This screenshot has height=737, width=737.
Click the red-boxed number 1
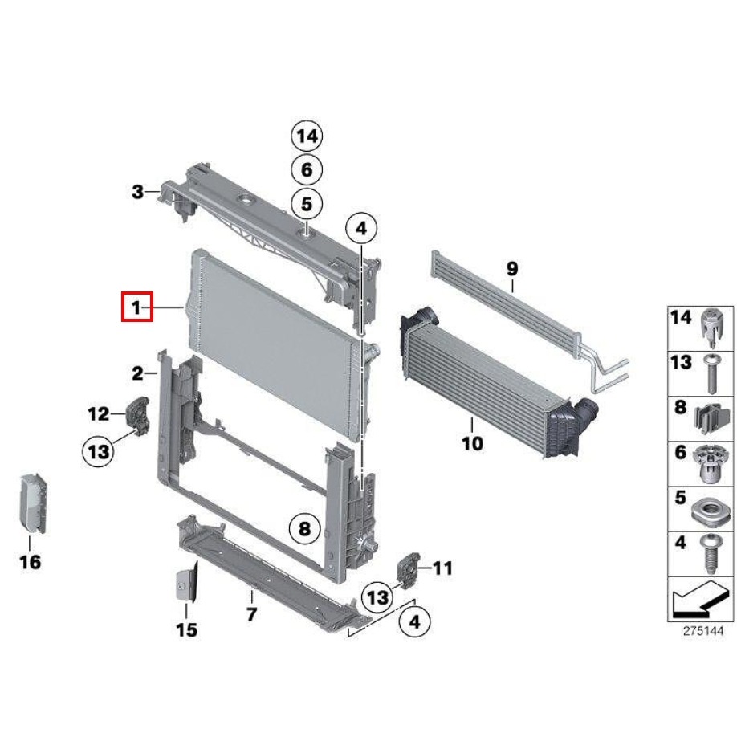tap(136, 307)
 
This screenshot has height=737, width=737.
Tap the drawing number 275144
tap(702, 631)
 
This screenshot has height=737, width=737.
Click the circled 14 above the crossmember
tap(307, 136)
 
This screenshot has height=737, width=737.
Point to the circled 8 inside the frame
tap(304, 529)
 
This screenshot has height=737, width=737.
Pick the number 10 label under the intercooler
tap(472, 443)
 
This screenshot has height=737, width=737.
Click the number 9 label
tap(512, 268)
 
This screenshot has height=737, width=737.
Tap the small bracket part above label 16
tap(32, 504)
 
